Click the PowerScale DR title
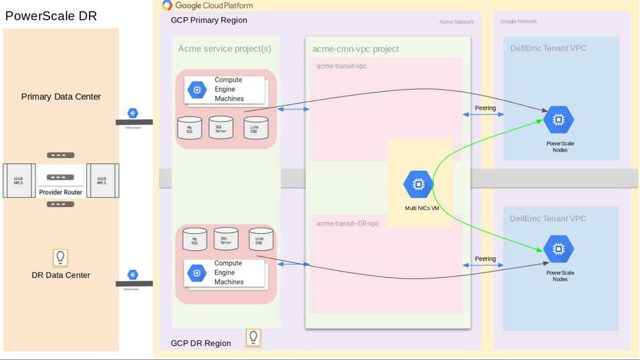[x=51, y=16]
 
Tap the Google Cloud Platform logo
[x=168, y=6]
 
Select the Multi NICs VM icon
[x=418, y=184]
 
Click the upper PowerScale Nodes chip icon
[x=559, y=120]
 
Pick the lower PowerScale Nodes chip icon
[x=559, y=249]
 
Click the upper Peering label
[x=485, y=108]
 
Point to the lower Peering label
[x=485, y=259]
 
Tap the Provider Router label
[x=61, y=192]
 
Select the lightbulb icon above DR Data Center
[x=61, y=257]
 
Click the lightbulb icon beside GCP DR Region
[x=253, y=337]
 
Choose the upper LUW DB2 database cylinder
[x=255, y=128]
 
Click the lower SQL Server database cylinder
[x=226, y=239]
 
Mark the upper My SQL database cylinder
[x=190, y=129]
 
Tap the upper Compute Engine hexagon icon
[x=197, y=90]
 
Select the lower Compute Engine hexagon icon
[x=197, y=273]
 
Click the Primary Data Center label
[x=61, y=97]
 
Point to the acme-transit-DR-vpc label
[x=347, y=223]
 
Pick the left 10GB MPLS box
[x=19, y=181]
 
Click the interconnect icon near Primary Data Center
[x=133, y=113]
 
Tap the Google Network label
[x=518, y=22]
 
